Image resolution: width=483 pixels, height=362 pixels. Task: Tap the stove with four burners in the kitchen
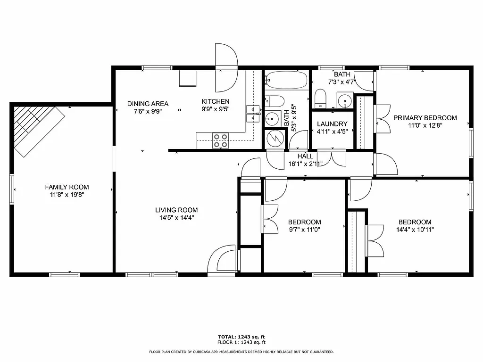[220, 140]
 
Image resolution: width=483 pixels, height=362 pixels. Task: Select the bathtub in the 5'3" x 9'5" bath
[286, 81]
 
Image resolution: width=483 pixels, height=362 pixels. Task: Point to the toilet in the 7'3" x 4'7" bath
[321, 99]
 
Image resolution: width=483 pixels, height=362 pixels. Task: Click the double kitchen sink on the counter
[253, 114]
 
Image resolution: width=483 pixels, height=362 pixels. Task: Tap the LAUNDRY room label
[332, 124]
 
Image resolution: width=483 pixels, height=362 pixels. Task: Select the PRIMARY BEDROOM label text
[425, 118]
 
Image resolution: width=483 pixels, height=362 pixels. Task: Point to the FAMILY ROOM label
[67, 187]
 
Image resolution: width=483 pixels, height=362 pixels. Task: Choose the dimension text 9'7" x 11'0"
[304, 230]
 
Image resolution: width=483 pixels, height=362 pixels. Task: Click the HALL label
[305, 156]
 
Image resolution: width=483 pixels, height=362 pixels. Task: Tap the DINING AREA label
[148, 104]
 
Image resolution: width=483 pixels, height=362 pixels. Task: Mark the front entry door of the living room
[223, 259]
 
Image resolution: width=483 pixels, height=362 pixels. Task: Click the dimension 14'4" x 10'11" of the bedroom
[415, 230]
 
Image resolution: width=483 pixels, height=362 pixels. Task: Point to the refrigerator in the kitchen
[187, 79]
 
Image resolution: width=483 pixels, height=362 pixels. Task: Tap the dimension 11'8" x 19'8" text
[67, 194]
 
